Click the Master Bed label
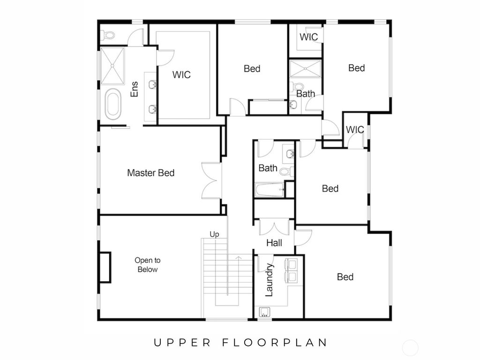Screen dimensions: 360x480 150,173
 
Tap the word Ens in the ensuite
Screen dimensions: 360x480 135,90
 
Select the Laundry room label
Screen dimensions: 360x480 269,280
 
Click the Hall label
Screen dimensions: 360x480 274,243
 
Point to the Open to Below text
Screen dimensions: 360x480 147,265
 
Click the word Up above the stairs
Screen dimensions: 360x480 214,234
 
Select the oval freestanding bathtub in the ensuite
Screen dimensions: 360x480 113,104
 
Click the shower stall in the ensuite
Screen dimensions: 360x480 112,65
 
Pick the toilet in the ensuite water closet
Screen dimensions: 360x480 108,35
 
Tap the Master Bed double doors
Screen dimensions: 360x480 211,180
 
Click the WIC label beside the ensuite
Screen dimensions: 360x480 181,75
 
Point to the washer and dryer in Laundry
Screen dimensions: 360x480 291,270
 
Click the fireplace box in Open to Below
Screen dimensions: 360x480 105,267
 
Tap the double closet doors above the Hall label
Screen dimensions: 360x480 274,227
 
